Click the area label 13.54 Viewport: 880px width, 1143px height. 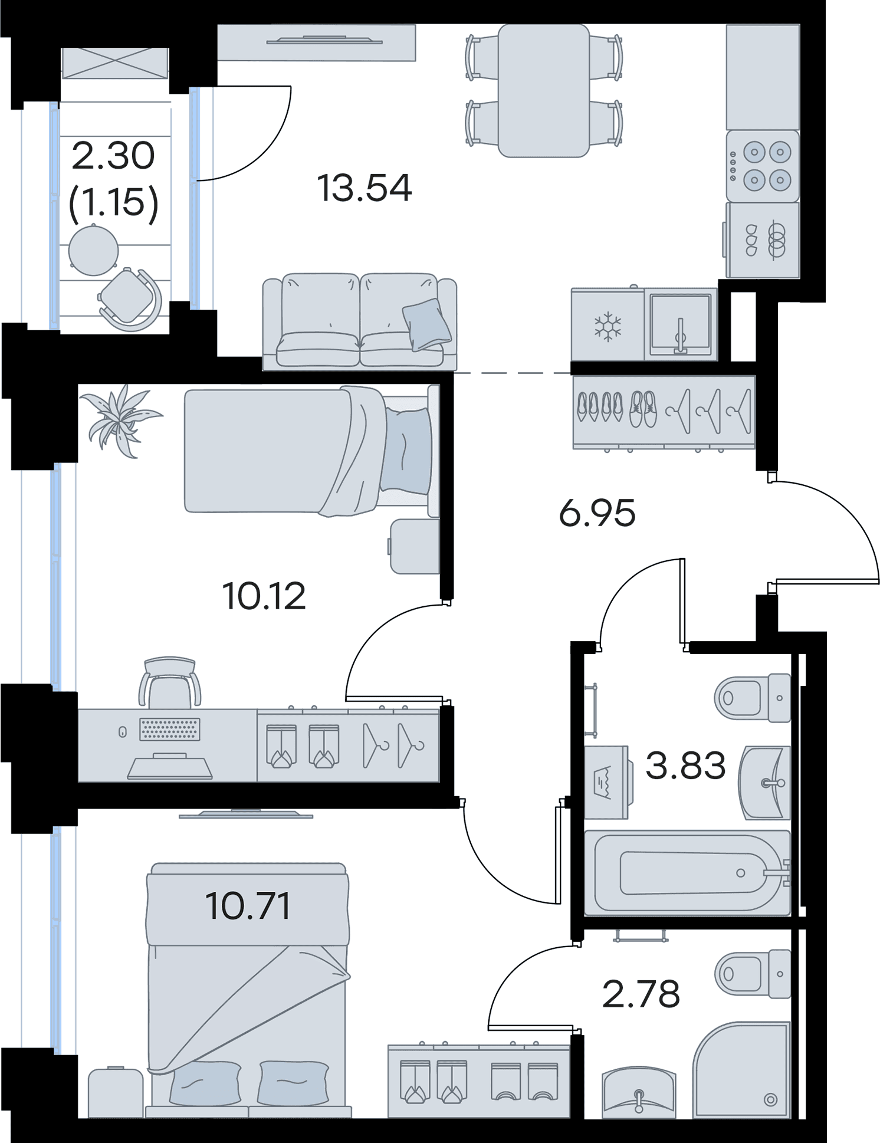[x=364, y=188]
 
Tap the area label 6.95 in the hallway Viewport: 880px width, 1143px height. [x=597, y=513]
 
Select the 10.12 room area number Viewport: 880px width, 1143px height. [x=264, y=596]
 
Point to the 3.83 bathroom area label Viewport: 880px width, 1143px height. [x=685, y=766]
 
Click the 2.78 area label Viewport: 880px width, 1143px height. [x=641, y=994]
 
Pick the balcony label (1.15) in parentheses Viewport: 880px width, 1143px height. [x=114, y=202]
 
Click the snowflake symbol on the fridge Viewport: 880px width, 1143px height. [x=608, y=327]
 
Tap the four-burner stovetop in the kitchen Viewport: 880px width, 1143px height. [x=763, y=166]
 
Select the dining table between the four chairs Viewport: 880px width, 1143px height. [x=544, y=90]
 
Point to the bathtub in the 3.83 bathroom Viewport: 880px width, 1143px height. [x=687, y=873]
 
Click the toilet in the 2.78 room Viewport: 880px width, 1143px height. [x=753, y=974]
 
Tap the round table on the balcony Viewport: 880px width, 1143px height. [x=93, y=250]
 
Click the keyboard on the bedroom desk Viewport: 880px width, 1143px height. [x=170, y=729]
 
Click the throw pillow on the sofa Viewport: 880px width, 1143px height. [x=427, y=324]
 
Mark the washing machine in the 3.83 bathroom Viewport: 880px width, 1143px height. [x=608, y=782]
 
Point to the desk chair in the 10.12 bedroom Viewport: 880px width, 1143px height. [x=170, y=682]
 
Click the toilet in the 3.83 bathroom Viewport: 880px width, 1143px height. [x=753, y=698]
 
